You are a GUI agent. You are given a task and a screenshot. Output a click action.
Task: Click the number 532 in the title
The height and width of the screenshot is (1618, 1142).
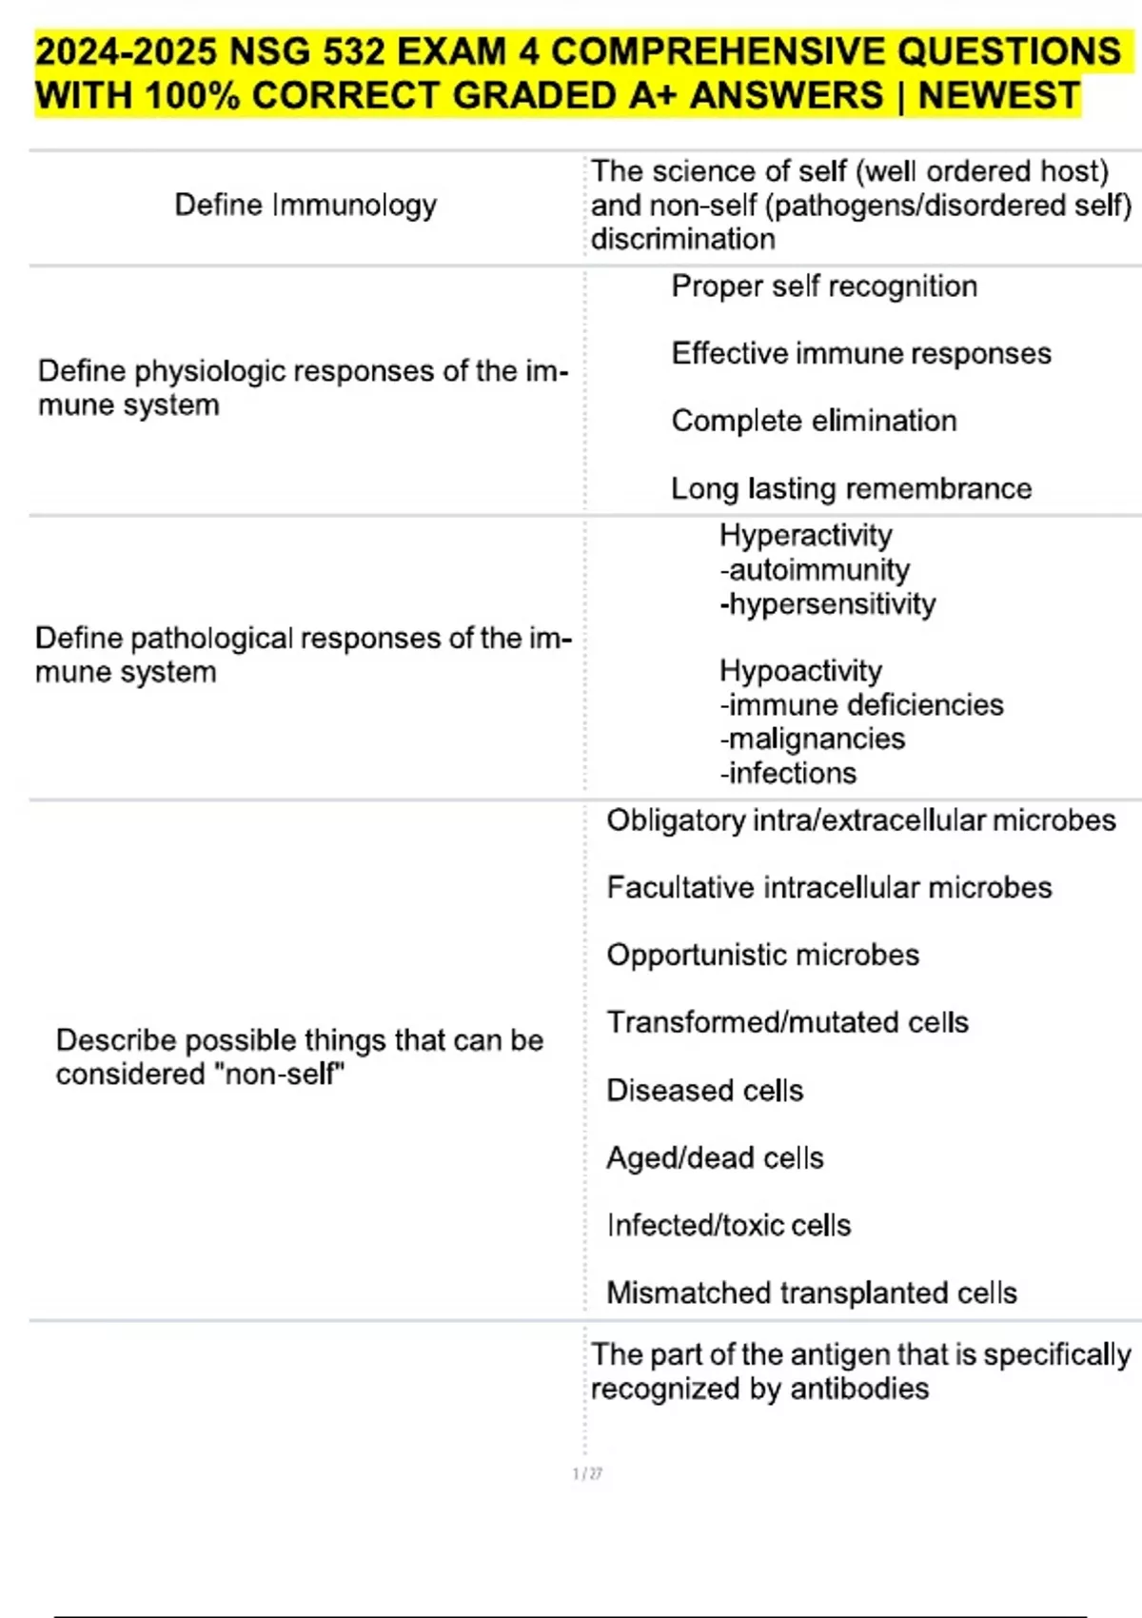click(352, 51)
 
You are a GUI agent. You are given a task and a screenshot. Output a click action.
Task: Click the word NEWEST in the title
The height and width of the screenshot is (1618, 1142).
click(999, 95)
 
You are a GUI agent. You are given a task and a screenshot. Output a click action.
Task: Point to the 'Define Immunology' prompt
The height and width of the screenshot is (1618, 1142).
click(305, 205)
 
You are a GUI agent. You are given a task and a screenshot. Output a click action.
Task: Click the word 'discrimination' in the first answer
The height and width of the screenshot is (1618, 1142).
click(682, 239)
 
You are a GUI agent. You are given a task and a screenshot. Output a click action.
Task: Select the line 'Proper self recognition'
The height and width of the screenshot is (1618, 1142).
click(824, 286)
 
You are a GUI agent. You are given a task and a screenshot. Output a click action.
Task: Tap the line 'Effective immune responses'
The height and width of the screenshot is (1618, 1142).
click(861, 354)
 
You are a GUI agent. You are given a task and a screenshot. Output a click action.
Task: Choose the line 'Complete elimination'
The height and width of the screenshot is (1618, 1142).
click(814, 421)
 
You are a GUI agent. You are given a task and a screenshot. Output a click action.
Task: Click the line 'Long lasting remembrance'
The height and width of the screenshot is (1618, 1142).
click(851, 488)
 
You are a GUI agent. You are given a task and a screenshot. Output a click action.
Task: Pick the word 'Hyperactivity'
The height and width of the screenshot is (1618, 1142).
click(805, 535)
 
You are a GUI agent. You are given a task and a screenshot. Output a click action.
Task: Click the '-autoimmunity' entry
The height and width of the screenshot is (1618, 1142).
click(815, 569)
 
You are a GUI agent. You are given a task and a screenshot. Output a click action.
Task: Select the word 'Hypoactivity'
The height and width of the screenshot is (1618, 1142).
click(800, 670)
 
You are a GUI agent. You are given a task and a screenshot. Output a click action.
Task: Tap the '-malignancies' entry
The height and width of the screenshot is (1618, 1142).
click(812, 739)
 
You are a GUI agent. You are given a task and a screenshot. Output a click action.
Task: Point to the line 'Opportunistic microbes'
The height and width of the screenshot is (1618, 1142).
click(762, 955)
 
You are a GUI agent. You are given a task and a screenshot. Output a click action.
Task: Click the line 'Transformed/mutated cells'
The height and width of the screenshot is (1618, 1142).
click(787, 1022)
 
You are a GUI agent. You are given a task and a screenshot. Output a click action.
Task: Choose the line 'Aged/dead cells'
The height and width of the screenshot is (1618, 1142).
click(715, 1157)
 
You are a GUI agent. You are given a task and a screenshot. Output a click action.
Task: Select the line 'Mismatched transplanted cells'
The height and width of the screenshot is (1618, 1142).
click(811, 1292)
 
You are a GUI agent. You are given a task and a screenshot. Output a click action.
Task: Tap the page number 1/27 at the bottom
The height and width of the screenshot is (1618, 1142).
click(587, 1474)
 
